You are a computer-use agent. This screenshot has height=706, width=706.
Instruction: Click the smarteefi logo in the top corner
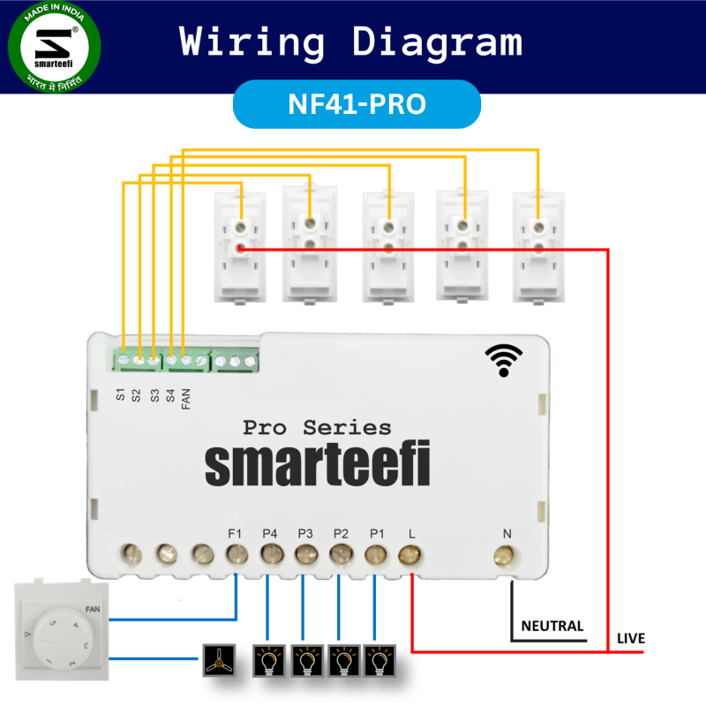click(x=54, y=49)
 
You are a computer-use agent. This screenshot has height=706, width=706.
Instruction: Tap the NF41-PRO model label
click(x=357, y=104)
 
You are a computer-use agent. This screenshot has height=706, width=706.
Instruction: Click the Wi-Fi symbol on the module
click(x=503, y=360)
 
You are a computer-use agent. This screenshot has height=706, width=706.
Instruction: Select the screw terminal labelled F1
click(x=236, y=554)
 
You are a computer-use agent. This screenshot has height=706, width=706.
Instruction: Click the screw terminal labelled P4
click(x=270, y=554)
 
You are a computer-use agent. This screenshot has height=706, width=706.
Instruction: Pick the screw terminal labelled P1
click(x=375, y=554)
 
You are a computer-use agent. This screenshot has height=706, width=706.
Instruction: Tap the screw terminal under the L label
click(x=409, y=554)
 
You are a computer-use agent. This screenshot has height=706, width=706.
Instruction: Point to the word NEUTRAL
click(x=552, y=627)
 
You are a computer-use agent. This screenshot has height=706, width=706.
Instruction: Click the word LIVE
click(x=630, y=638)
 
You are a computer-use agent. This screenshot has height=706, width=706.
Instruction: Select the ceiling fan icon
click(x=216, y=659)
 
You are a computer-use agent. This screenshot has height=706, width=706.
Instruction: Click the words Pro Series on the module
click(x=317, y=428)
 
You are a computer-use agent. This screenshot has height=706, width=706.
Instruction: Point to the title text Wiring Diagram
click(x=351, y=41)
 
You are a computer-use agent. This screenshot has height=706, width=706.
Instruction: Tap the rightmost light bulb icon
click(x=379, y=659)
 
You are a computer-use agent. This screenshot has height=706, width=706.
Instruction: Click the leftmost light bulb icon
click(x=268, y=659)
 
